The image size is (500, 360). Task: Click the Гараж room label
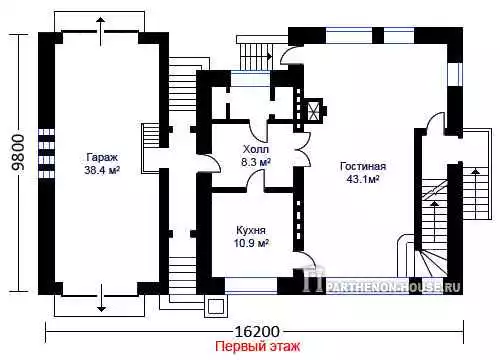point(102,157)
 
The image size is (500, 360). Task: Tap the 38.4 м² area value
point(102,170)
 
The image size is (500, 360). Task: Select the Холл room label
point(256,149)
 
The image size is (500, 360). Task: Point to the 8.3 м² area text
point(256,162)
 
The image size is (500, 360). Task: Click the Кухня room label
point(251,230)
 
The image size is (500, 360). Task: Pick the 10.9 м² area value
point(251,243)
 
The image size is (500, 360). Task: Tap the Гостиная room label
point(363,166)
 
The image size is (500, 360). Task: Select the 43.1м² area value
point(363,179)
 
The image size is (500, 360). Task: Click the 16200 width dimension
point(257,332)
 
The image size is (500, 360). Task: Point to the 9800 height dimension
point(18,152)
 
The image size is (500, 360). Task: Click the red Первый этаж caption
point(257,346)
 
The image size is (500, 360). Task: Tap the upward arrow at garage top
point(100,31)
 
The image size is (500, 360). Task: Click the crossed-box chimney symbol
point(313,110)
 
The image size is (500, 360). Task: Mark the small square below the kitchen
point(215,307)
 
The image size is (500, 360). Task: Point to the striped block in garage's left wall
point(46,153)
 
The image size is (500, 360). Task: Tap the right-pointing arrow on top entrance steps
point(269,55)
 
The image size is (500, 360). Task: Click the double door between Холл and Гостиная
point(303,148)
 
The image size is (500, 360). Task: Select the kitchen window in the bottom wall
point(251,286)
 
